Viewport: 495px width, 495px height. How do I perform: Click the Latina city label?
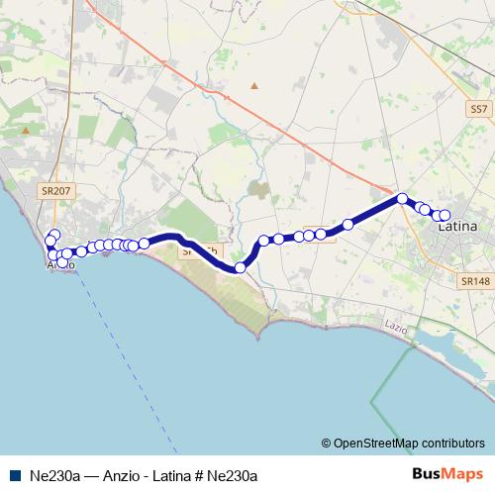coord(457,227)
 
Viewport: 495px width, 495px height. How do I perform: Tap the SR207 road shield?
coord(56,190)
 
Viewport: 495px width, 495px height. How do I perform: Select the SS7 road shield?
coord(479,109)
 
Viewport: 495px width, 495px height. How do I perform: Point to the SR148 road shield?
coord(475,281)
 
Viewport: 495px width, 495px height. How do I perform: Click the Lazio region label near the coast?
coord(397,326)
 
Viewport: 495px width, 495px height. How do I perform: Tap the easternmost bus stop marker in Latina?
coord(445,215)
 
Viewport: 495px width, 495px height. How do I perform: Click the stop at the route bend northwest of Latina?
coord(402,198)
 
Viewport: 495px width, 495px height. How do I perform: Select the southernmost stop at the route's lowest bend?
coord(240,267)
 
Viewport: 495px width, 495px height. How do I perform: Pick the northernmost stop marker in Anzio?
coord(54,235)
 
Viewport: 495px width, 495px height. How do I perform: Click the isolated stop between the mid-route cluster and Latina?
coord(347,224)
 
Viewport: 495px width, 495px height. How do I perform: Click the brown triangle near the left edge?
coord(26,130)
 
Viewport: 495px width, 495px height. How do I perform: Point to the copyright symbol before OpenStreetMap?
coord(326,444)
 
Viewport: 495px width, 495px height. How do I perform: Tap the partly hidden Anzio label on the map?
coord(59,264)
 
